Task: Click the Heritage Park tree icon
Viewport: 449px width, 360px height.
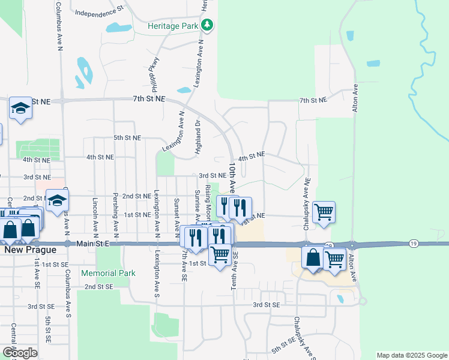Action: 207,25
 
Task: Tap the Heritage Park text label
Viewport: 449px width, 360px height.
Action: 173,26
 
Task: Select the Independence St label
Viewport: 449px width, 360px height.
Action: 99,11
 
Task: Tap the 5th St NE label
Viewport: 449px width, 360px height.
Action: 127,137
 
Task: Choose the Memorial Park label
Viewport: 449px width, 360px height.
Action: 109,273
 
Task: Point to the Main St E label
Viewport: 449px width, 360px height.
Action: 94,244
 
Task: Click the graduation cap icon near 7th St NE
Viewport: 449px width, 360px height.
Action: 20,108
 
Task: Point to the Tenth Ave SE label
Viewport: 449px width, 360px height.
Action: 235,272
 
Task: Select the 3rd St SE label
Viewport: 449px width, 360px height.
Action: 266,305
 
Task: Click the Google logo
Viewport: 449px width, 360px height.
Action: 20,353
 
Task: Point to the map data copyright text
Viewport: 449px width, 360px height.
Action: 412,355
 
